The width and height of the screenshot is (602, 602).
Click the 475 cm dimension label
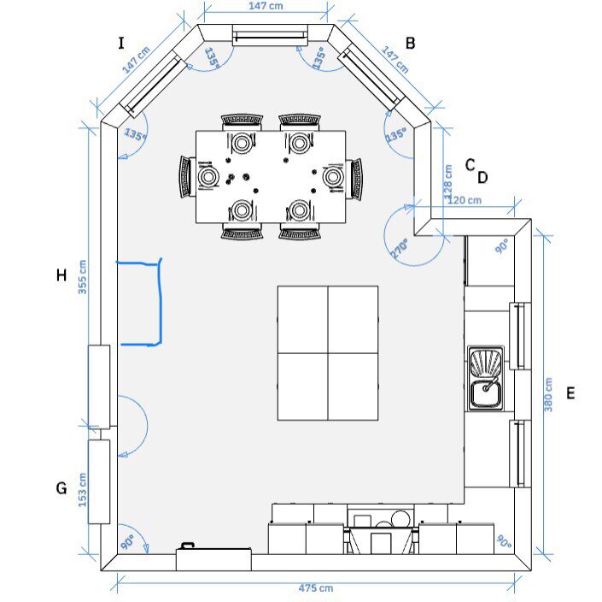coord(316,587)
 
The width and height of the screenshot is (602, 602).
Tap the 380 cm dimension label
coord(548,394)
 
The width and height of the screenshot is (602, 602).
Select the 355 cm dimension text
coord(83,277)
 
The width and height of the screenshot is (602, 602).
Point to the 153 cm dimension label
coord(83,490)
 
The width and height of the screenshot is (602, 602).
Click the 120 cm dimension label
coord(465,200)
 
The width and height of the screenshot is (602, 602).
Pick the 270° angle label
coord(400,248)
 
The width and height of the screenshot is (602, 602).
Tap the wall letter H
coord(61,275)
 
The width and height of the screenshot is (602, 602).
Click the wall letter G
coord(61,488)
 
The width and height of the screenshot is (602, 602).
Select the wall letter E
coord(570,393)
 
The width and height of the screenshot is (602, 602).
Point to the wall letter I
coord(121,43)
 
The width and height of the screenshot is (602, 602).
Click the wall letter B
coord(410,43)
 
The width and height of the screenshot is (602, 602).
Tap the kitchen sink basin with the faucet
coord(485,393)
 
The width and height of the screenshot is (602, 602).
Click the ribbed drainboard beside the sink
coord(485,363)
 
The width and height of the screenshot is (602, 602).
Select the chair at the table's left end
coord(185,177)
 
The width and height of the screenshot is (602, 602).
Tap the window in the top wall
coord(271,35)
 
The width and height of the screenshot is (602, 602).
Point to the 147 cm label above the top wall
coord(266,6)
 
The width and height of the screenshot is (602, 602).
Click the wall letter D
coord(482,178)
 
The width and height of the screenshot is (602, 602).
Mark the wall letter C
coord(470,165)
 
